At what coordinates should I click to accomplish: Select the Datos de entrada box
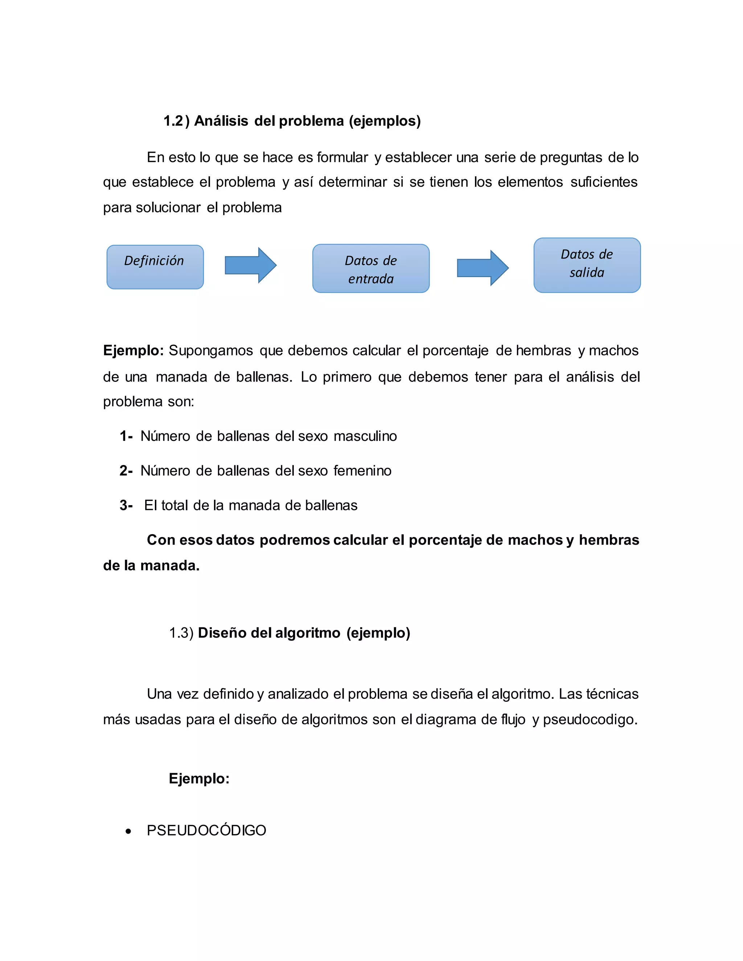click(x=371, y=268)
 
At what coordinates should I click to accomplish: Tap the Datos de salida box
click(x=587, y=265)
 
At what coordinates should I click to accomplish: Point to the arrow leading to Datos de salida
click(x=483, y=268)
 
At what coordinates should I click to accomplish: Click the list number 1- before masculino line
click(x=126, y=436)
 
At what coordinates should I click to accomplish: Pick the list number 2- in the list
click(x=126, y=470)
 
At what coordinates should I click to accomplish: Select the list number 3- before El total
click(x=126, y=505)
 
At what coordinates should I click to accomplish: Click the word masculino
click(x=365, y=436)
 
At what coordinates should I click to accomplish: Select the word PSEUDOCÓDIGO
click(x=206, y=830)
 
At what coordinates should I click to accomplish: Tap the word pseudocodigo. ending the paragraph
click(x=590, y=719)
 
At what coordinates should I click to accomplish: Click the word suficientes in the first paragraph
click(x=603, y=182)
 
